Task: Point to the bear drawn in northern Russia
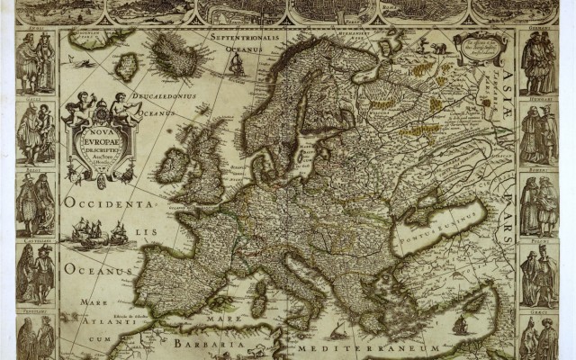(x=438, y=48)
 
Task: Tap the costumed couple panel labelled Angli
(x=36, y=63)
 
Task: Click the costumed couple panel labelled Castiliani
(x=36, y=273)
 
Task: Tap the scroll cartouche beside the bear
(x=480, y=49)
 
